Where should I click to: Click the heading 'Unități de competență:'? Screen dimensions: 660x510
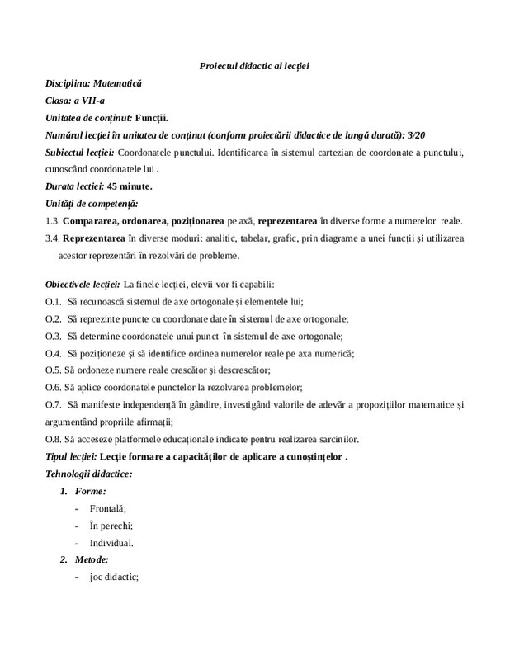pos(92,203)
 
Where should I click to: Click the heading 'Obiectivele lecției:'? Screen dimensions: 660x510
pos(83,284)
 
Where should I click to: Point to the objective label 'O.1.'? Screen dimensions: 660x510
pos(54,301)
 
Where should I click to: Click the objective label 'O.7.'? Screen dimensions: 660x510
pos(54,405)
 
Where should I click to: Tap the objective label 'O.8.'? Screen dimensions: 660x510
pos(54,440)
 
